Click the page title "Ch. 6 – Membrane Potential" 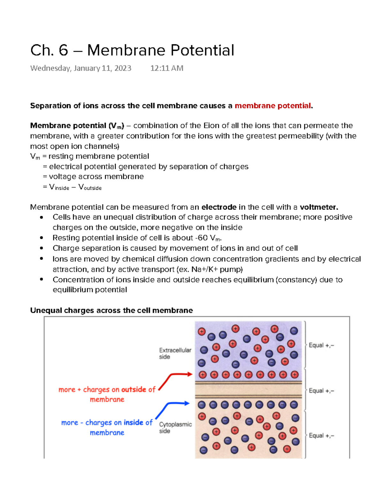(132, 50)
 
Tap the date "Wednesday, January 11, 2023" (81, 68)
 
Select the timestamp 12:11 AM (167, 68)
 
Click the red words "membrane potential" (273, 106)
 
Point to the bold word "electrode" (219, 207)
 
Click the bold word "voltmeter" (318, 207)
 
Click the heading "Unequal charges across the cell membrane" (111, 310)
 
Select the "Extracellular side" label (175, 353)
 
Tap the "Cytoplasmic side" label (175, 427)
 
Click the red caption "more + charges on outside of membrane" (107, 394)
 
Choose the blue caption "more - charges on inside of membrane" (107, 427)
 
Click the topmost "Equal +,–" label (321, 345)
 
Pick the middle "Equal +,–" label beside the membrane (321, 391)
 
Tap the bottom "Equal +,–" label (321, 436)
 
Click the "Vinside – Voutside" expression (75, 187)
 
